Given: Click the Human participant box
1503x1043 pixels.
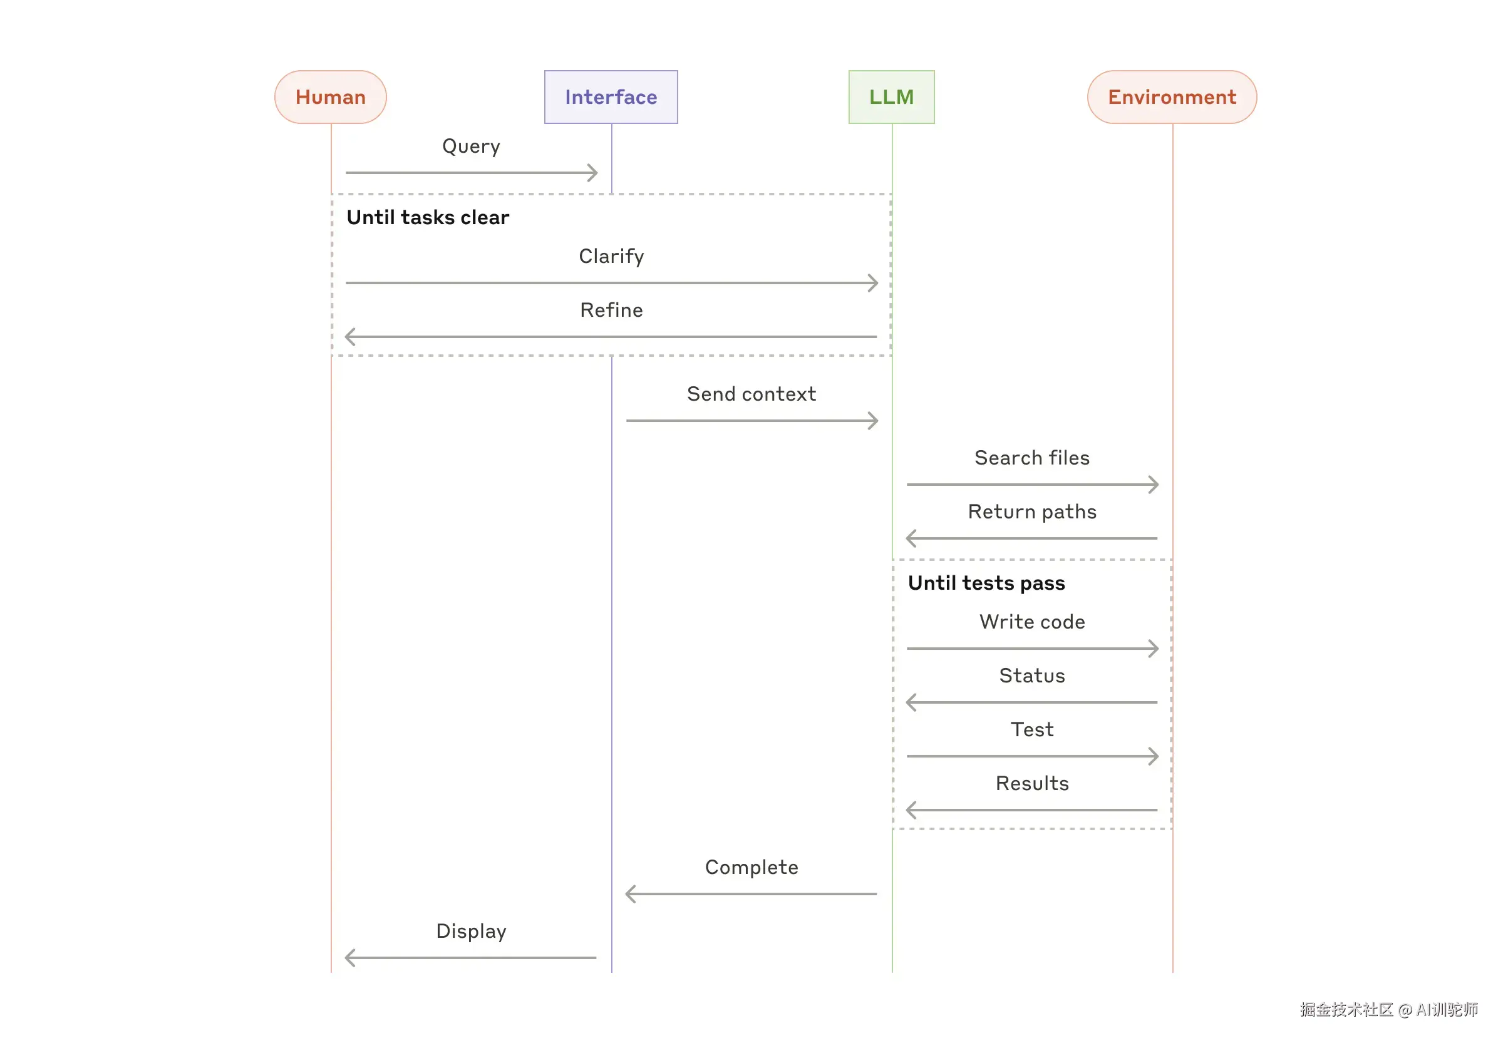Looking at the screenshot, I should [x=330, y=96].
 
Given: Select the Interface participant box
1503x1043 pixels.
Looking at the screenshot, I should [x=611, y=96].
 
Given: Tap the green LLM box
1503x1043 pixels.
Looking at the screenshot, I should [x=891, y=96].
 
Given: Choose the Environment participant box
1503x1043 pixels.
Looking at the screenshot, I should [x=1172, y=96].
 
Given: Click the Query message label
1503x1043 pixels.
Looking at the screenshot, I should [x=471, y=146].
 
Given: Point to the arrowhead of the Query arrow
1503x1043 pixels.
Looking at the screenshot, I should [x=594, y=173].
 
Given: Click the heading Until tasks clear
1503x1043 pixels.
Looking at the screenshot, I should [x=428, y=217].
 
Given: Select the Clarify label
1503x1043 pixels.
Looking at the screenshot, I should [x=611, y=255].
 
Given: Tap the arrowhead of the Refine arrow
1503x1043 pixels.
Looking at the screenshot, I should [x=350, y=337].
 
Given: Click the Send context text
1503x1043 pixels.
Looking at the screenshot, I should [x=751, y=393].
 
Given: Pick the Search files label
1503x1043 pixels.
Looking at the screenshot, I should [x=1031, y=458].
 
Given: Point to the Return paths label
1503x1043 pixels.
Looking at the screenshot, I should [x=1031, y=511].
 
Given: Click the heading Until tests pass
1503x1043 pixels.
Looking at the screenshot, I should [x=986, y=582].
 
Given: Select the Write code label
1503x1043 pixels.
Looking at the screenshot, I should [x=1031, y=622].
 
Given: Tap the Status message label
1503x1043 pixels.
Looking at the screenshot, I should [x=1031, y=675].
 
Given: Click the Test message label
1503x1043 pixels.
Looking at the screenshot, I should [x=1031, y=729].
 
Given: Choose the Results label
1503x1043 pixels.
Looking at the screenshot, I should [x=1031, y=783].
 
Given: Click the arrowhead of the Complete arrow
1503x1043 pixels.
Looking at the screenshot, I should [x=630, y=893].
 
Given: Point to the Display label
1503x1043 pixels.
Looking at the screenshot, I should [x=471, y=930].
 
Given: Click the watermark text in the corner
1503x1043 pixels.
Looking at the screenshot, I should [x=1388, y=1009].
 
